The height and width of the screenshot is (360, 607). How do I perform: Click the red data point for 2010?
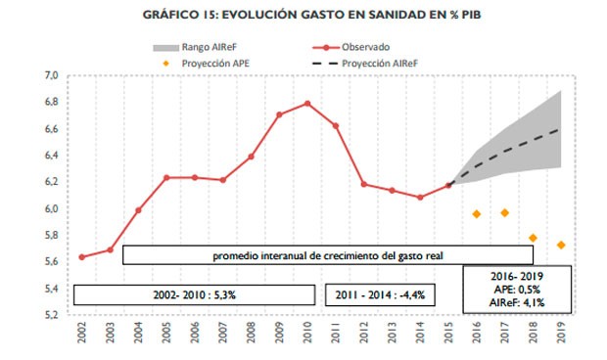[307, 103]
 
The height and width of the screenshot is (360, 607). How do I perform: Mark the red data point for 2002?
[81, 257]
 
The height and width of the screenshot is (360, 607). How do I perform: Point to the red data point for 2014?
[420, 197]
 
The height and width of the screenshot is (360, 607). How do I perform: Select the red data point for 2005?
[166, 177]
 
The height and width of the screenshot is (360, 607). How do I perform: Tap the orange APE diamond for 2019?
[561, 245]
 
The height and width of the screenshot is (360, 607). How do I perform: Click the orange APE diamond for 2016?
[476, 213]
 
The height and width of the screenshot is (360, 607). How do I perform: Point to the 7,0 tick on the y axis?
[51, 75]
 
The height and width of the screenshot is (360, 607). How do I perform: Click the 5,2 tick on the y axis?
[51, 315]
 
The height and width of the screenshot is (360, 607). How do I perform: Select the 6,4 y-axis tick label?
[51, 156]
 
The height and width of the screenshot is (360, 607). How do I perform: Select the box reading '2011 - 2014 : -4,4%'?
[381, 293]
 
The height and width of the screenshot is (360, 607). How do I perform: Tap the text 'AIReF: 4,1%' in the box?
[519, 302]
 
